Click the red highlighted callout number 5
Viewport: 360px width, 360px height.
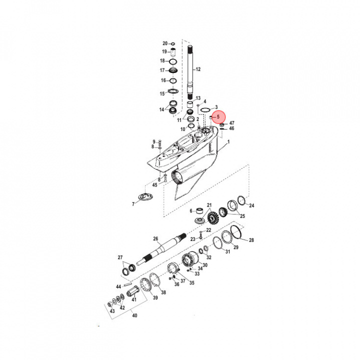point(218,116)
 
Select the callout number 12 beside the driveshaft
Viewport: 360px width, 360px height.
point(197,69)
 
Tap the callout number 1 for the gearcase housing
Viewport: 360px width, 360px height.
point(229,142)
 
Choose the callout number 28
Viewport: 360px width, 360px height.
point(251,240)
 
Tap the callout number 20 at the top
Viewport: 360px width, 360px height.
point(165,43)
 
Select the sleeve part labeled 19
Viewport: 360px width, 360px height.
point(173,51)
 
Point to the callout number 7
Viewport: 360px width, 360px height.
point(133,204)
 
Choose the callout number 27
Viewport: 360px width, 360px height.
point(120,257)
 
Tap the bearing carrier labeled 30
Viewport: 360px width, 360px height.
point(191,260)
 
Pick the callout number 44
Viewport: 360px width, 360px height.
point(118,286)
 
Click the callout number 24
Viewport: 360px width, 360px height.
point(251,205)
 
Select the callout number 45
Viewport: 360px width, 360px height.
point(155,185)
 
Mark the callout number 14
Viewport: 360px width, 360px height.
point(161,109)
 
